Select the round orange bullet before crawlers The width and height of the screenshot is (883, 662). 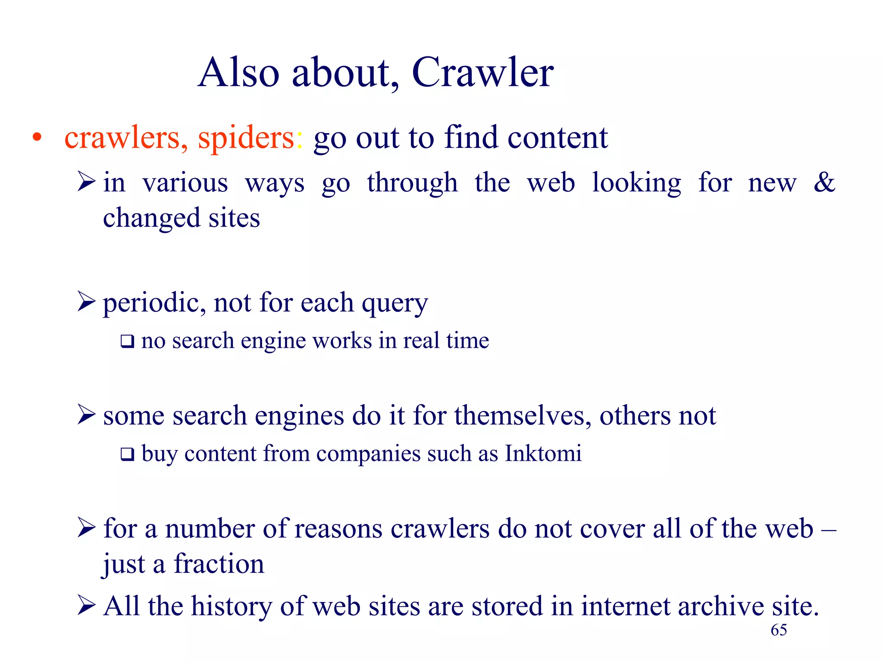click(x=38, y=137)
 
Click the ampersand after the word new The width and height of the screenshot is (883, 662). click(x=824, y=182)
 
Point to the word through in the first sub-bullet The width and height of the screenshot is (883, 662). click(x=412, y=183)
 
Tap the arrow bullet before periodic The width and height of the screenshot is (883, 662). click(x=86, y=301)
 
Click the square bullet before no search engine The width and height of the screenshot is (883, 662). click(x=127, y=341)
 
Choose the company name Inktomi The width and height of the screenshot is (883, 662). click(x=543, y=453)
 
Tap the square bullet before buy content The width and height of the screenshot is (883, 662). click(x=127, y=454)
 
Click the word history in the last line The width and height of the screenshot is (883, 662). click(x=232, y=606)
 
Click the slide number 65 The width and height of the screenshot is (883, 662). click(x=779, y=630)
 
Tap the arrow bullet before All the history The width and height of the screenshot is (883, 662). click(x=86, y=605)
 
